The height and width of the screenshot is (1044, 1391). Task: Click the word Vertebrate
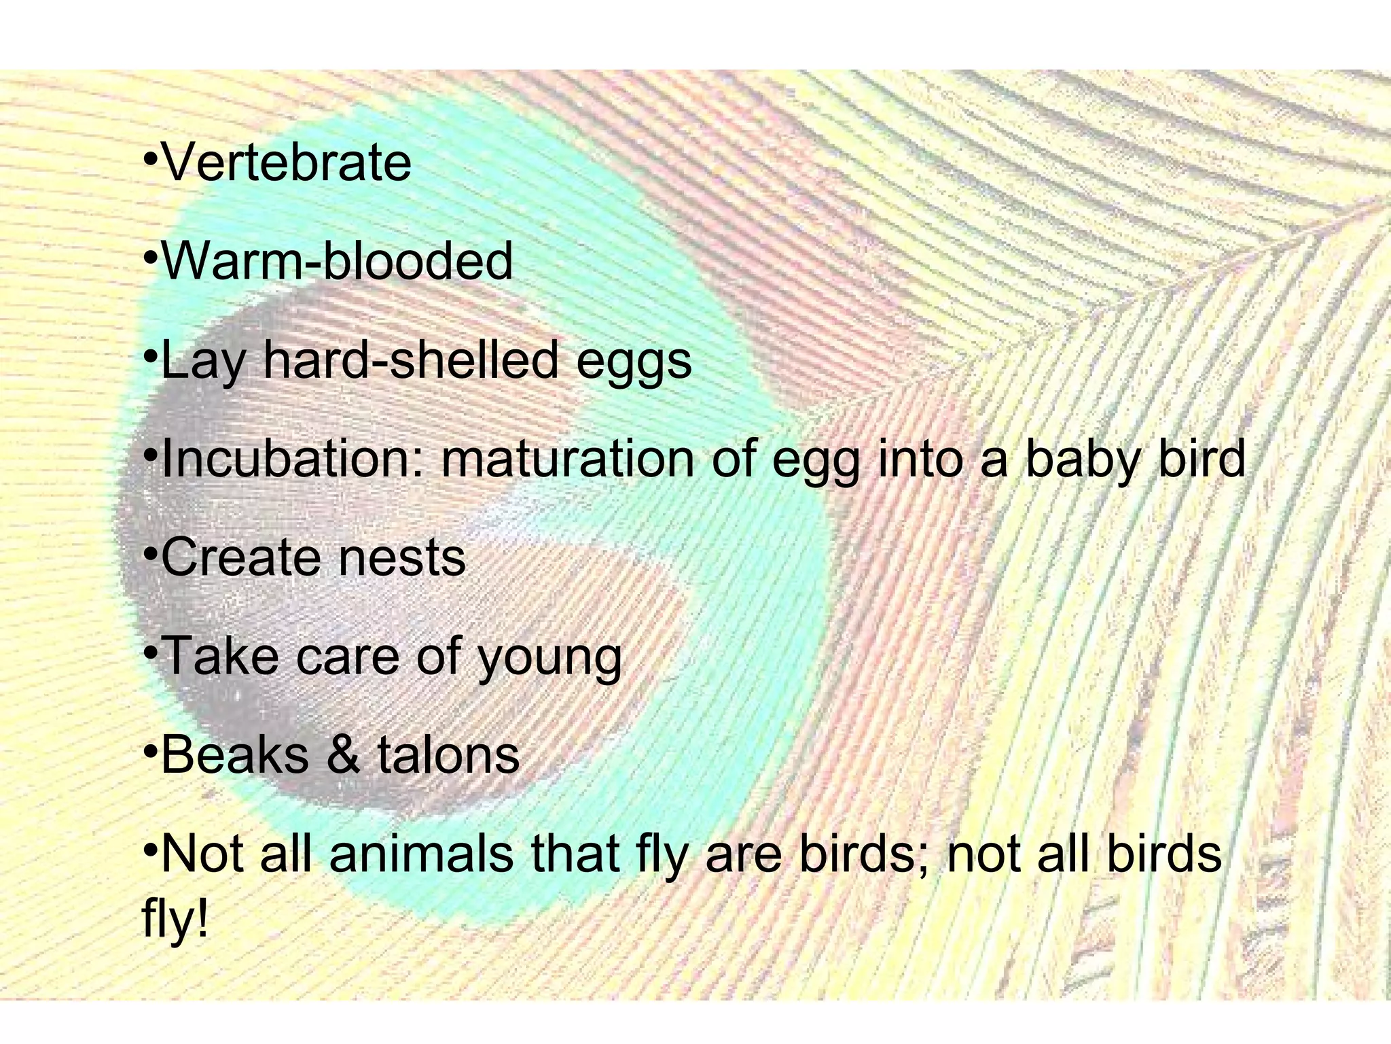click(287, 163)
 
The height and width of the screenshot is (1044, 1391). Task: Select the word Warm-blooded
click(337, 262)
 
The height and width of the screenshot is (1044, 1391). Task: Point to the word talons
click(448, 754)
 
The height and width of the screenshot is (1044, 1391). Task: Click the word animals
click(421, 854)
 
